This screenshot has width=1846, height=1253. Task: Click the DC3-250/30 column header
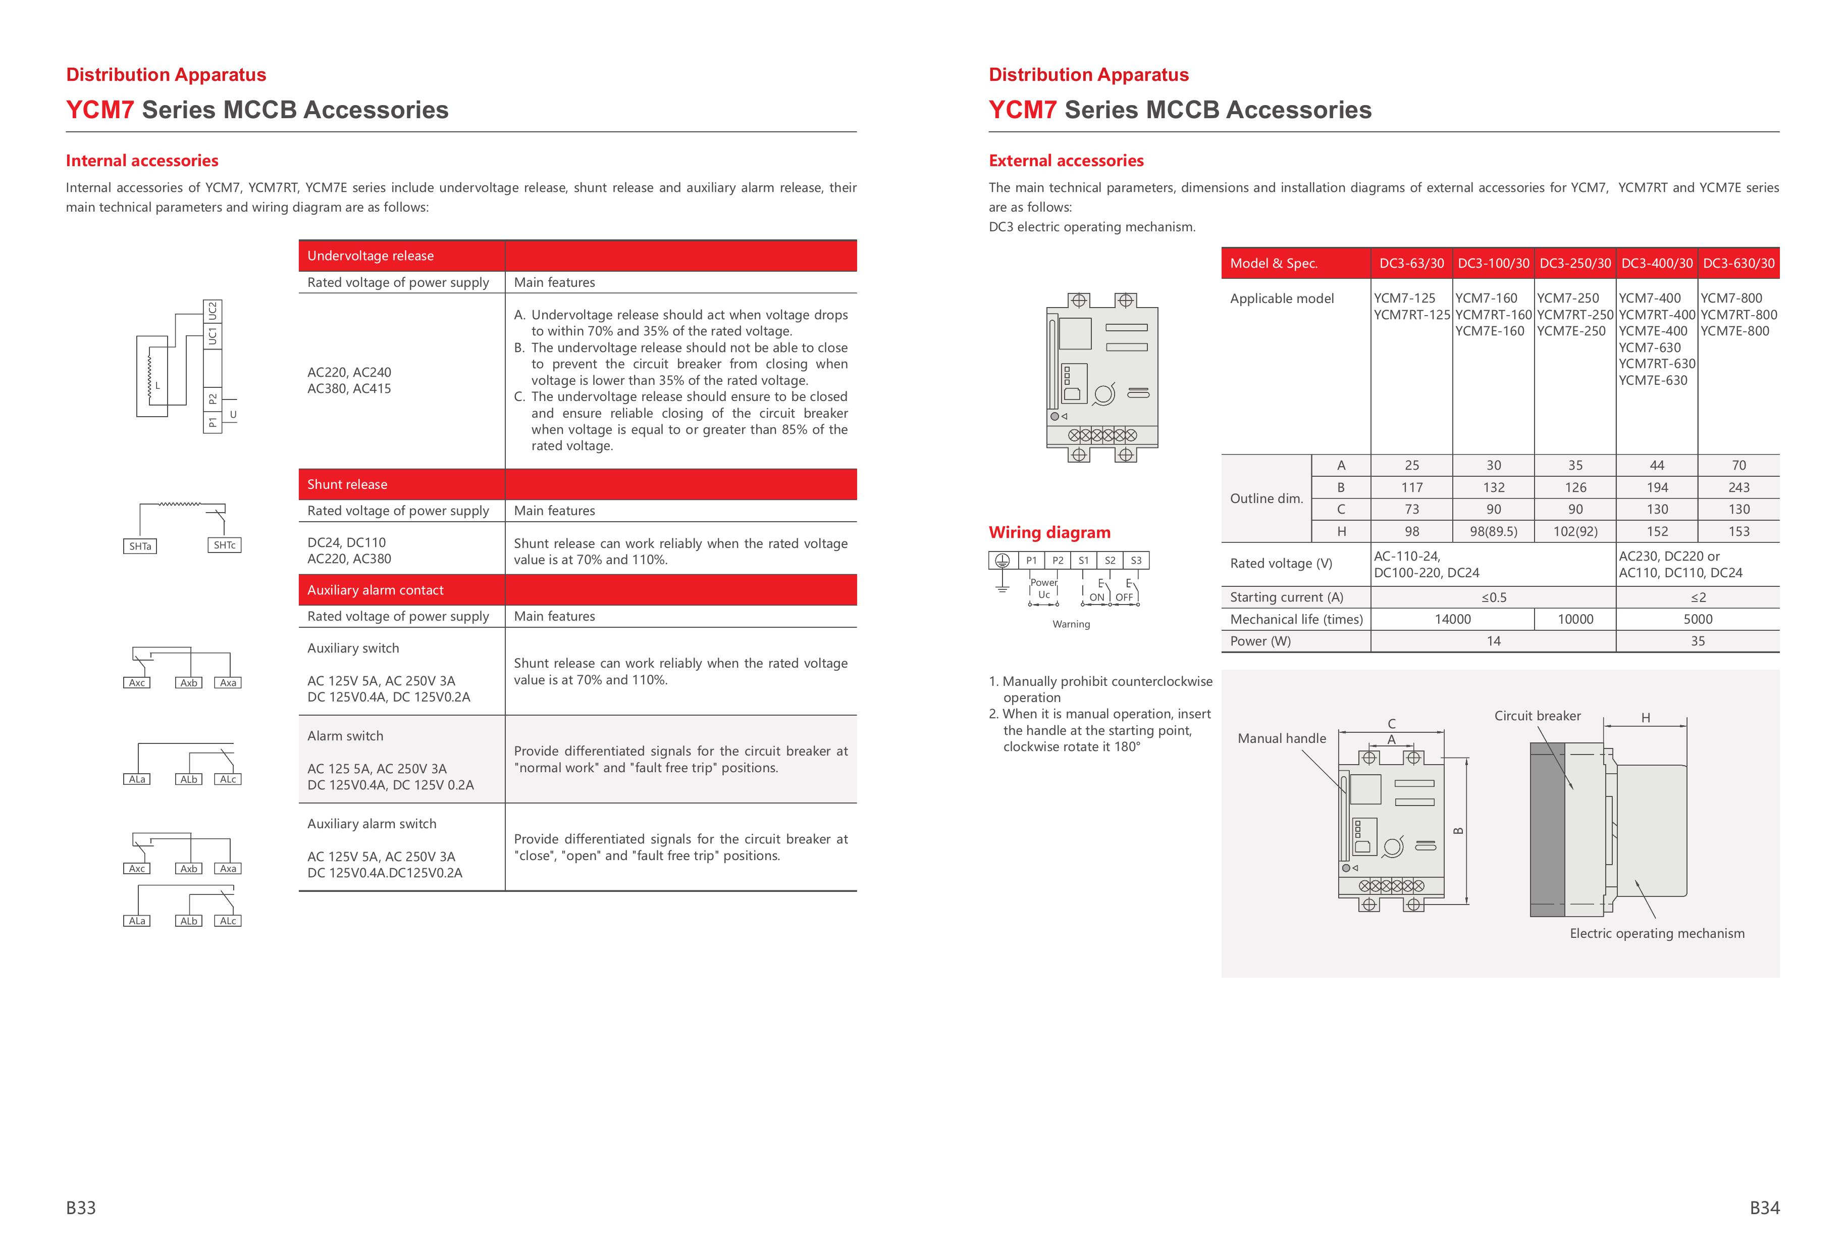click(x=1574, y=263)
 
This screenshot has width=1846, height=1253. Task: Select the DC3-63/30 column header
click(x=1411, y=263)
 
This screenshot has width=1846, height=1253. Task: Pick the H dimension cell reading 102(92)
click(x=1574, y=531)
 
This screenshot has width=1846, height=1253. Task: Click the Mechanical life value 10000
click(x=1574, y=619)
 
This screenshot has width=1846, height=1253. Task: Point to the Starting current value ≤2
click(x=1698, y=597)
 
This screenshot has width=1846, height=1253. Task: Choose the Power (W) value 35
click(x=1698, y=641)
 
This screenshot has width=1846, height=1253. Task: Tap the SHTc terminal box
click(x=224, y=545)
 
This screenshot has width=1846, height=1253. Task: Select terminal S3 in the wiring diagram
click(x=1136, y=560)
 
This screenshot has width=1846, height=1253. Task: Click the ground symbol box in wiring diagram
click(x=1003, y=560)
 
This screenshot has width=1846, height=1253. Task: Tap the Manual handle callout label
click(x=1281, y=738)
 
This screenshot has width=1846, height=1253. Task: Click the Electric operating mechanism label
click(x=1656, y=934)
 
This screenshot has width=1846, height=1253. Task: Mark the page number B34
click(x=1764, y=1208)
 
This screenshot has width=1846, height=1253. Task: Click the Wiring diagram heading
click(x=1049, y=532)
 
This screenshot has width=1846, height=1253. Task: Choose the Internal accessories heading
click(x=142, y=161)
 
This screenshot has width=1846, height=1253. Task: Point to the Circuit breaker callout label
click(x=1537, y=716)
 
